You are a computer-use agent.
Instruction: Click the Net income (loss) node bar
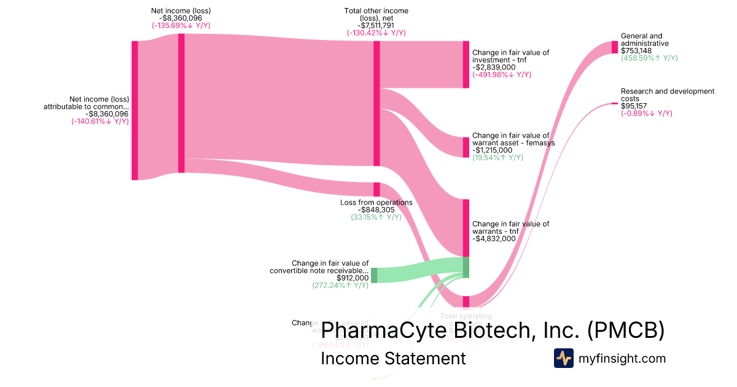181,103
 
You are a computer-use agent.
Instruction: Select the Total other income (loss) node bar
376,103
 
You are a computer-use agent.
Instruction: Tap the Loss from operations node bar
376,189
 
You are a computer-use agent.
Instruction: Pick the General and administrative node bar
614,47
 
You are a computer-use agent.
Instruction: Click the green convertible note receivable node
374,275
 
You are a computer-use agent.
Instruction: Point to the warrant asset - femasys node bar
466,147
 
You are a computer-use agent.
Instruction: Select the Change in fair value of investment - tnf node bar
466,64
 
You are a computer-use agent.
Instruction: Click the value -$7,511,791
376,25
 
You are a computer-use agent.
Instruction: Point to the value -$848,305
376,209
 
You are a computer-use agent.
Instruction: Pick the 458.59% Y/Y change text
649,58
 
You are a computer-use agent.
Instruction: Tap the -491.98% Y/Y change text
502,75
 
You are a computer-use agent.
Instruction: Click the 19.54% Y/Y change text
497,158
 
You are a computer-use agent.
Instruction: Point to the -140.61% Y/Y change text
100,121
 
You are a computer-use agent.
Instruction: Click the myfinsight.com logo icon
563,358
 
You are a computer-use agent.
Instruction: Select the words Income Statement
393,358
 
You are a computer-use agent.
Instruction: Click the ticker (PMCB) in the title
626,330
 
